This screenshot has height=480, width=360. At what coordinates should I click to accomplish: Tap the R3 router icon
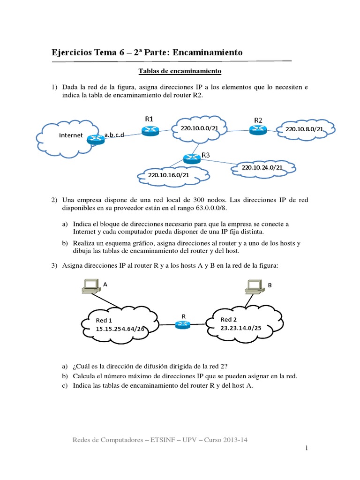191,158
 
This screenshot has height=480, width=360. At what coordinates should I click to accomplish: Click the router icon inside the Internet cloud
96,137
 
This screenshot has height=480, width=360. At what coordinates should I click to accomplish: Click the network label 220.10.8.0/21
304,129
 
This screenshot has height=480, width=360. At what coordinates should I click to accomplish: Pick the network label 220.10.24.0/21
262,167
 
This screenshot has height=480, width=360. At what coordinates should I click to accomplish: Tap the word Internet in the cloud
71,135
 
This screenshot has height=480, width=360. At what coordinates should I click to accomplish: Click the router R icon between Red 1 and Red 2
184,324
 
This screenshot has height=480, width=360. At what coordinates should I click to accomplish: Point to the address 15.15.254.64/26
120,329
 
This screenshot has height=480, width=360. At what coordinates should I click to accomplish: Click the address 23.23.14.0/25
240,328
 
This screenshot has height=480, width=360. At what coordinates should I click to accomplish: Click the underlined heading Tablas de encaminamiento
180,71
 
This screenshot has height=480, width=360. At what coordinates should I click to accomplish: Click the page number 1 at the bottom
307,449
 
